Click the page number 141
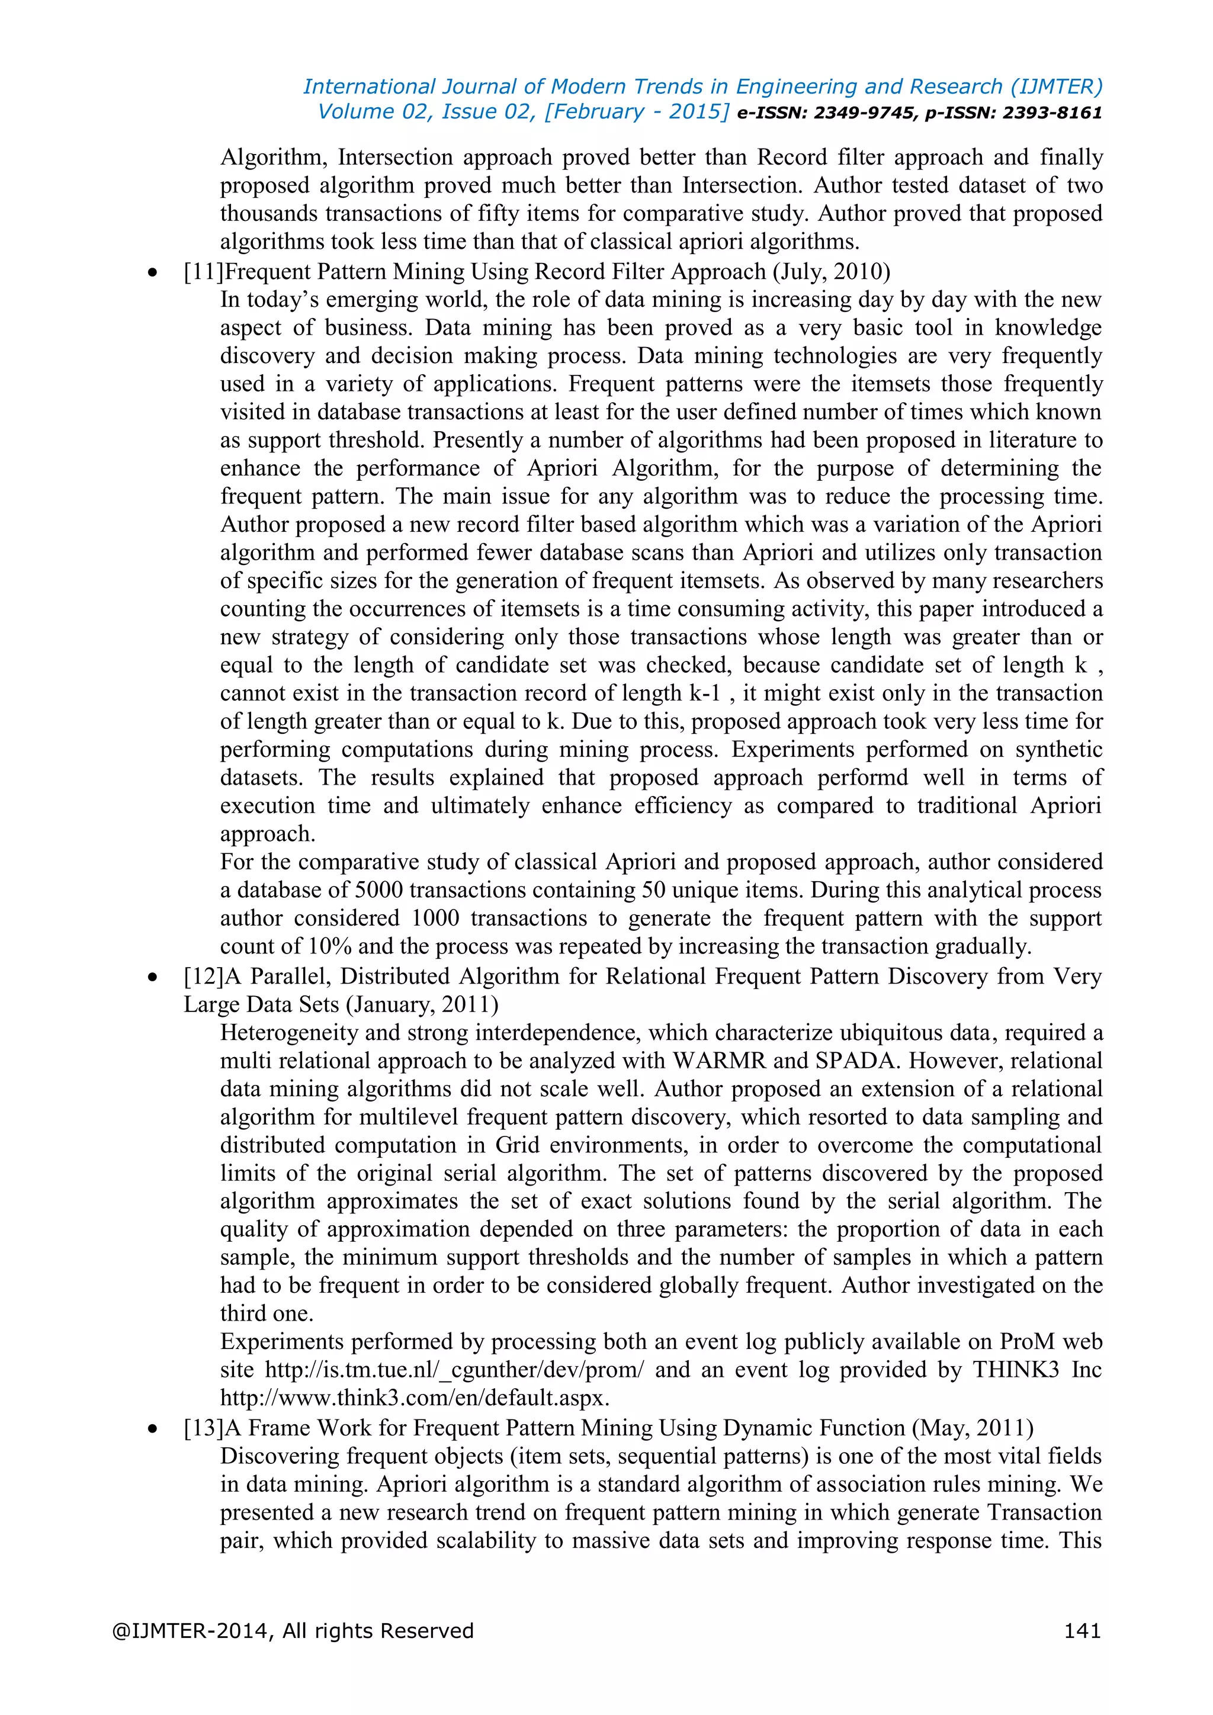[1082, 1630]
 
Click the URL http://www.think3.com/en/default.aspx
[415, 1398]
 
